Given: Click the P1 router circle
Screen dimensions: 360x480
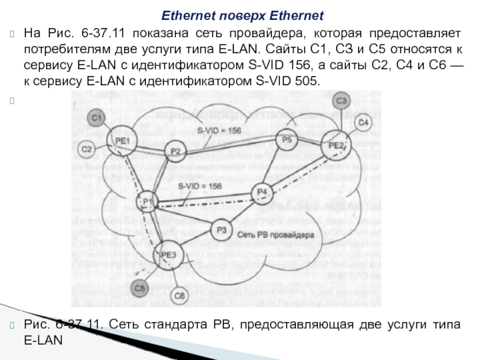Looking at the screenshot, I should pos(148,202).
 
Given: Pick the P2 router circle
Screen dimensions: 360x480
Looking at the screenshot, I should pos(175,151).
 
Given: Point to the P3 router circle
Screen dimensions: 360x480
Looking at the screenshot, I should pos(222,229).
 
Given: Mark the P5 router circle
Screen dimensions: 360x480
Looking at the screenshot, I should pos(287,140).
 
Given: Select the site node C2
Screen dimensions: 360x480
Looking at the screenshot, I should pos(88,149).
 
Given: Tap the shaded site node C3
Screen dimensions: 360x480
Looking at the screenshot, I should pos(341,100).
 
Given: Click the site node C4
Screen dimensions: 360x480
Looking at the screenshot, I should pos(363,122).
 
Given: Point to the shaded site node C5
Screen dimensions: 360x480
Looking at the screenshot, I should pos(140,289).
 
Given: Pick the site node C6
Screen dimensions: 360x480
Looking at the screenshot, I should pos(179,295).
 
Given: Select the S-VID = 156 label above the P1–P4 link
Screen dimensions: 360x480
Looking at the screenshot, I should pos(200,186).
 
